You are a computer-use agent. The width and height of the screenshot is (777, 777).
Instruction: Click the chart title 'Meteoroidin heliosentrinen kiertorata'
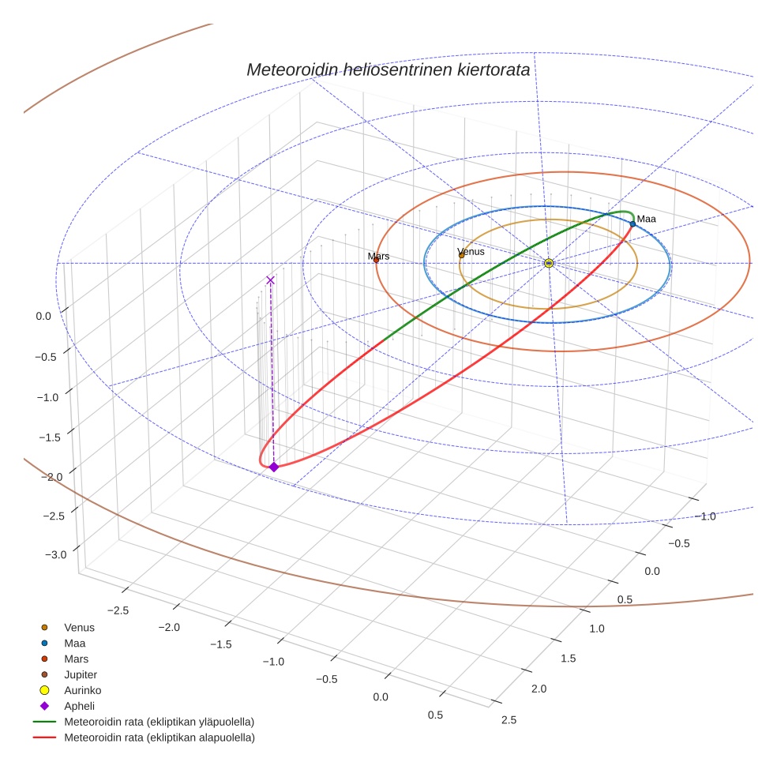pyautogui.click(x=388, y=69)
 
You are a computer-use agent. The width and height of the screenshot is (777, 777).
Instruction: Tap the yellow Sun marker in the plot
pyautogui.click(x=549, y=263)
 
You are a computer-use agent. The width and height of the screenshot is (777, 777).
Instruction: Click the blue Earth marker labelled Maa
pyautogui.click(x=632, y=224)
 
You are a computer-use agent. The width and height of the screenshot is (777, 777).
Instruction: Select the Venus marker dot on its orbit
pyautogui.click(x=461, y=255)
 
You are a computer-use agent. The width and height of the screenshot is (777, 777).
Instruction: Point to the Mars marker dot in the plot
pyautogui.click(x=376, y=260)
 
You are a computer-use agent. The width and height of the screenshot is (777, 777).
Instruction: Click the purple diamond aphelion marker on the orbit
pyautogui.click(x=274, y=467)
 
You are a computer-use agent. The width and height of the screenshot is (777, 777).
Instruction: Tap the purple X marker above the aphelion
pyautogui.click(x=270, y=280)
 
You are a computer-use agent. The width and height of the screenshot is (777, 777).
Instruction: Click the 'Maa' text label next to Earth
pyautogui.click(x=646, y=219)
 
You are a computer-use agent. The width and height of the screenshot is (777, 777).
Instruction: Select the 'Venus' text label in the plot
pyautogui.click(x=471, y=251)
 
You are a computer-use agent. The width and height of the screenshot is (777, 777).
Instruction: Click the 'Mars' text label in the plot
pyautogui.click(x=379, y=256)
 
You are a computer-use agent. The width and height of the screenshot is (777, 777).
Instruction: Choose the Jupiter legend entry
pyautogui.click(x=80, y=674)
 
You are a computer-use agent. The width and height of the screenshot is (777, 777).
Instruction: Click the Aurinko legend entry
pyautogui.click(x=82, y=690)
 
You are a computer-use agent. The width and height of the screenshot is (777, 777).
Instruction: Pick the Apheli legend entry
pyautogui.click(x=79, y=706)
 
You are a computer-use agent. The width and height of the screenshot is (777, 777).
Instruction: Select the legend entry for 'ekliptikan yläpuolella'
pyautogui.click(x=159, y=722)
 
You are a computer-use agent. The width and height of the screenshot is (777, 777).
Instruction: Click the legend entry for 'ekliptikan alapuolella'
pyautogui.click(x=159, y=738)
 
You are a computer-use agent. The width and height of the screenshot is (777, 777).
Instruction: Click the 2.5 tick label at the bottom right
pyautogui.click(x=509, y=719)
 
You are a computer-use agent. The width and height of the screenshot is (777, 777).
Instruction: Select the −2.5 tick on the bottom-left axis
pyautogui.click(x=116, y=610)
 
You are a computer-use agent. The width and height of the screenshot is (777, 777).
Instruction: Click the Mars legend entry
pyautogui.click(x=76, y=659)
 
